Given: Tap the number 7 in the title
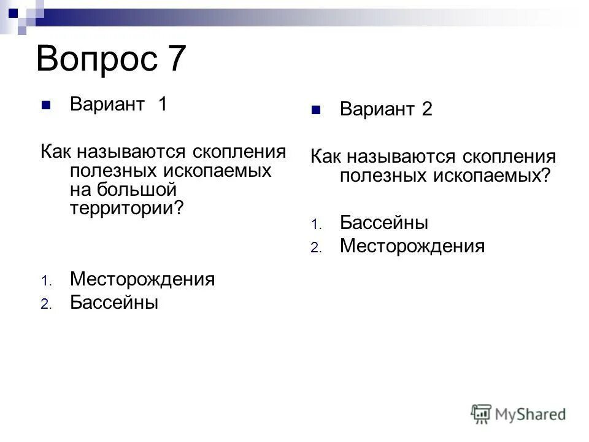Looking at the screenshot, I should (x=174, y=60).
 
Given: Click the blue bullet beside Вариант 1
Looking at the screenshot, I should (x=45, y=105).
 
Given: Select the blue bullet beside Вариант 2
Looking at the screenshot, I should (x=316, y=111).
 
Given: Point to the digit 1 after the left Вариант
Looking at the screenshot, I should (x=162, y=104).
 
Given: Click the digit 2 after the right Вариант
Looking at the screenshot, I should (x=426, y=110).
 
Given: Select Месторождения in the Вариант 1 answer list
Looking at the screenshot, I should (x=142, y=279).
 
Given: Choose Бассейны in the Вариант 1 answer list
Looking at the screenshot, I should (x=114, y=302).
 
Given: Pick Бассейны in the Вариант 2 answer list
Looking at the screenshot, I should (x=384, y=222).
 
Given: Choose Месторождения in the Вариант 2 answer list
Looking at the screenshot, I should (x=412, y=246).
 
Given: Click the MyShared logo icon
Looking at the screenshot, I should (x=481, y=413).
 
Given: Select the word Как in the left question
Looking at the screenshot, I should (x=54, y=151).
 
